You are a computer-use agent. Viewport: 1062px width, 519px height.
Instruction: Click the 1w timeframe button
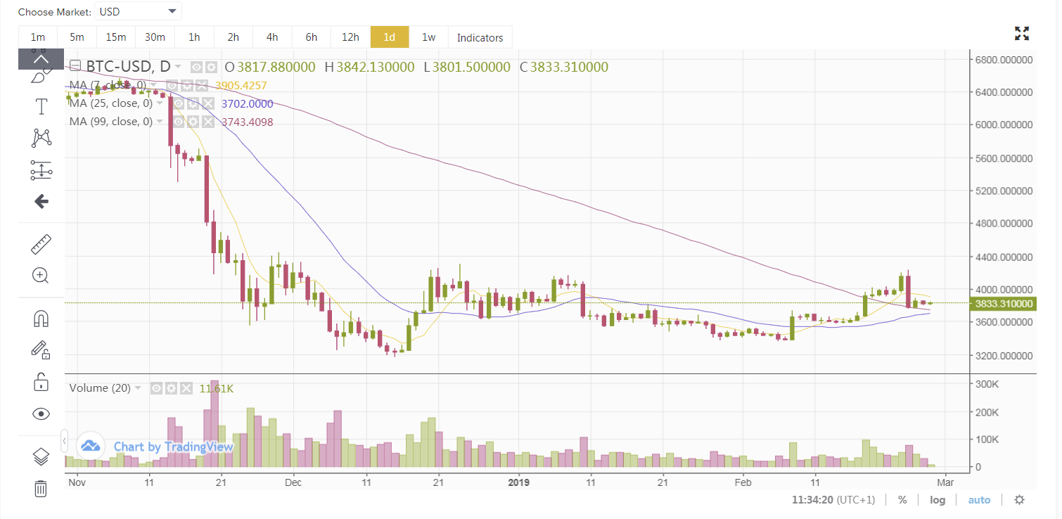tap(428, 37)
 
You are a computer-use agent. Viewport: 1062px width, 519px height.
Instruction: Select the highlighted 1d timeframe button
tap(390, 37)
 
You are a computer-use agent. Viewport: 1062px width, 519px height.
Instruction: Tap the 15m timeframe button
tap(116, 37)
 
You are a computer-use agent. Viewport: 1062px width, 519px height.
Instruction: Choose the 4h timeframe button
tap(272, 37)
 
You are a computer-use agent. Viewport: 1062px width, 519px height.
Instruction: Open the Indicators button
tap(480, 37)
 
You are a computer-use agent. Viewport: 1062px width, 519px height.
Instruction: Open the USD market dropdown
tap(138, 11)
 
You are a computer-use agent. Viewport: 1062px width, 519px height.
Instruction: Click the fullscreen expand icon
tap(1022, 33)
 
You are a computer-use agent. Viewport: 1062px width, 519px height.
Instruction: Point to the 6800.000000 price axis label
tap(1003, 59)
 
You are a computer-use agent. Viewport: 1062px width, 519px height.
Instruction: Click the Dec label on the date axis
tap(293, 482)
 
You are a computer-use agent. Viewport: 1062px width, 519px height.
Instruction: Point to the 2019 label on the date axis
tap(518, 482)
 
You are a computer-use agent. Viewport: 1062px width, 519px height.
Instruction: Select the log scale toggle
tap(938, 500)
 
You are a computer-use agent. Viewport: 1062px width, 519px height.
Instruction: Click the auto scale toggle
tap(979, 500)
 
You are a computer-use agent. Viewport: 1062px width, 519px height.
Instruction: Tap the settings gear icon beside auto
tap(1019, 500)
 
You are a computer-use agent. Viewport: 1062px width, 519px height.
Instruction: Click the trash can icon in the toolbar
tap(41, 487)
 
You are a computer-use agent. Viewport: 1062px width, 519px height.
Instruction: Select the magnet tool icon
tap(41, 319)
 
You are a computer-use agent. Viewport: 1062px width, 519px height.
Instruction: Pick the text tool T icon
tap(41, 107)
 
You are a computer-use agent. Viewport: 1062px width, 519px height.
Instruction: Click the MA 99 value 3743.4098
tap(247, 122)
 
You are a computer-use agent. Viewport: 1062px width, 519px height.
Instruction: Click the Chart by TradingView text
tap(162, 447)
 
